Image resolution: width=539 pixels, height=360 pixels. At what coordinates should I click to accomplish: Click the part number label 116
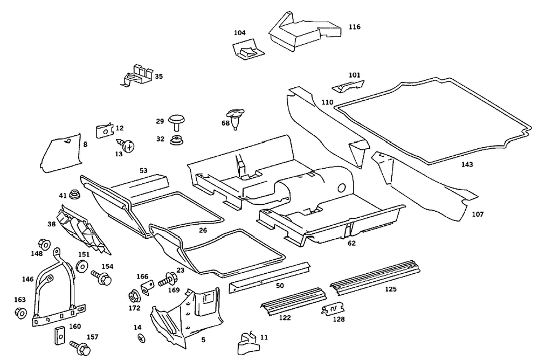(x=354, y=26)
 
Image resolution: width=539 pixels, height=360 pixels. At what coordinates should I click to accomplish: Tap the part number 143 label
(x=467, y=164)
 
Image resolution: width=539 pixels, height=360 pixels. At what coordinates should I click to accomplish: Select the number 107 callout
(x=478, y=214)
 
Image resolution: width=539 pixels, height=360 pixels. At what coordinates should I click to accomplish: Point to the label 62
(x=351, y=243)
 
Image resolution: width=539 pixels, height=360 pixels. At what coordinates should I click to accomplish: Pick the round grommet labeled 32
(x=176, y=141)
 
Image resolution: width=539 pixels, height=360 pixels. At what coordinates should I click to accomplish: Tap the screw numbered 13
(x=127, y=145)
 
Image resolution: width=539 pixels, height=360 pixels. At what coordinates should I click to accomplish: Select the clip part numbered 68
(x=234, y=119)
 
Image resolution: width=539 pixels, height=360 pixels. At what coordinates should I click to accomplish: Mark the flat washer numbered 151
(x=83, y=266)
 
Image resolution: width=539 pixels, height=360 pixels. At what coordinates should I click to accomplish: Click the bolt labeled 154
(x=102, y=278)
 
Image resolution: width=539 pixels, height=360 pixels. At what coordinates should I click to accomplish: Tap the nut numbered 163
(x=20, y=313)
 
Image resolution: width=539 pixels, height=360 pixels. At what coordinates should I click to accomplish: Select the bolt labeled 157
(x=76, y=344)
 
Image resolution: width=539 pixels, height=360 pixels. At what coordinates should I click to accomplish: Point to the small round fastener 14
(x=142, y=338)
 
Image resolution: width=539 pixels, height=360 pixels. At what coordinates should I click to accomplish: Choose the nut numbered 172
(x=133, y=296)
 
